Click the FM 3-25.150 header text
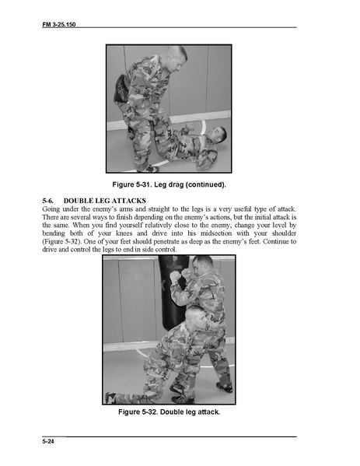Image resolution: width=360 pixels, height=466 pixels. point(59,24)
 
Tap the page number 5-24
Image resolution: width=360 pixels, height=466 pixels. point(48,441)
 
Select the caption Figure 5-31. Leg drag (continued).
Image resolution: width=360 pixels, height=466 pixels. point(169,184)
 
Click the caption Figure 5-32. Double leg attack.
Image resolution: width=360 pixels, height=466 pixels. point(169,412)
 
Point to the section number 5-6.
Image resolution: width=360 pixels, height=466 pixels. point(48,201)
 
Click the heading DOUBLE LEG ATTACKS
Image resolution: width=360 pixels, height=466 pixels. point(104,201)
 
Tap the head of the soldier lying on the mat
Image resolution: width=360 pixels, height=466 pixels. point(217,135)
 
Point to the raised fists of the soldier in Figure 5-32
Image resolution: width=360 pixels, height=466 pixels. point(180,275)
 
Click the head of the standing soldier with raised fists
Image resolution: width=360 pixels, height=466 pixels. point(203,265)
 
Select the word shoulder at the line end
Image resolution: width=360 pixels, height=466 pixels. point(284,233)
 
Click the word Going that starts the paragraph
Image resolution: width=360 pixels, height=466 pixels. point(51,209)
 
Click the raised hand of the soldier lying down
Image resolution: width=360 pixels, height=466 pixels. point(188,128)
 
